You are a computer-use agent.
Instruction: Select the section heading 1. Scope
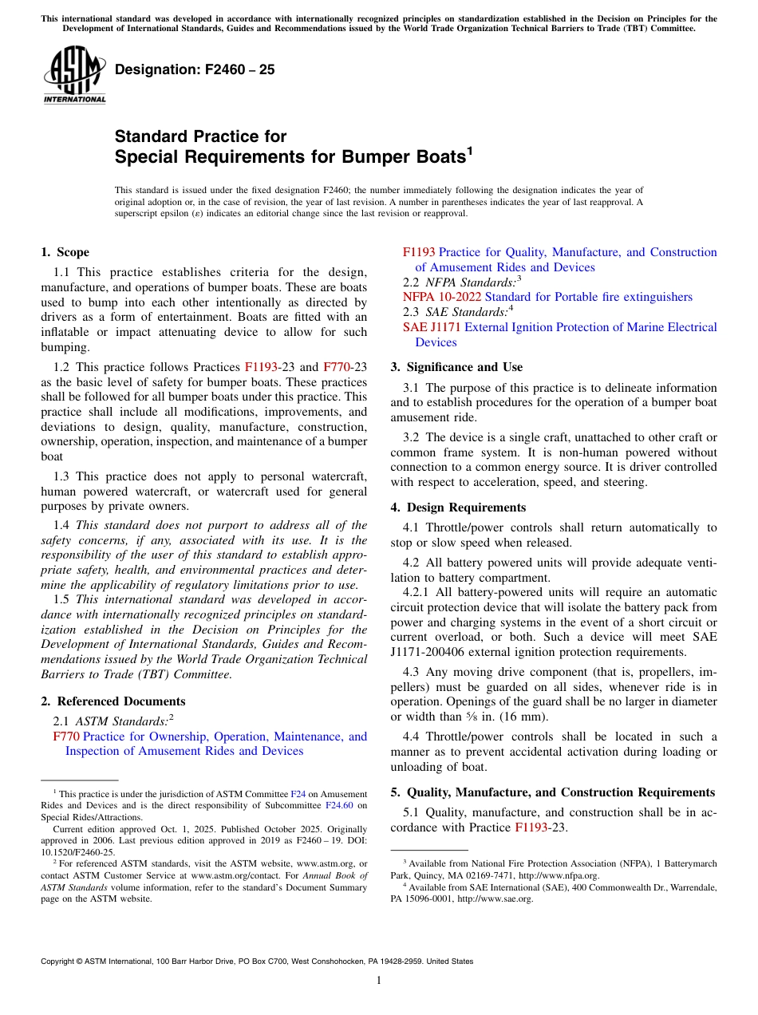point(65,252)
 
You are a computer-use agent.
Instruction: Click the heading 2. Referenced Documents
point(113,701)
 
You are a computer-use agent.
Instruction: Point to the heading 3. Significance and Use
point(456,367)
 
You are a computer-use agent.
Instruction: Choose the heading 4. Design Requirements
point(458,507)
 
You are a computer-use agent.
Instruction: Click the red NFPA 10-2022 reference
point(442,297)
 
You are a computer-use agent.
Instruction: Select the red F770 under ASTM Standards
point(66,737)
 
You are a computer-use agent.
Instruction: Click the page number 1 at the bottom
point(379,981)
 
